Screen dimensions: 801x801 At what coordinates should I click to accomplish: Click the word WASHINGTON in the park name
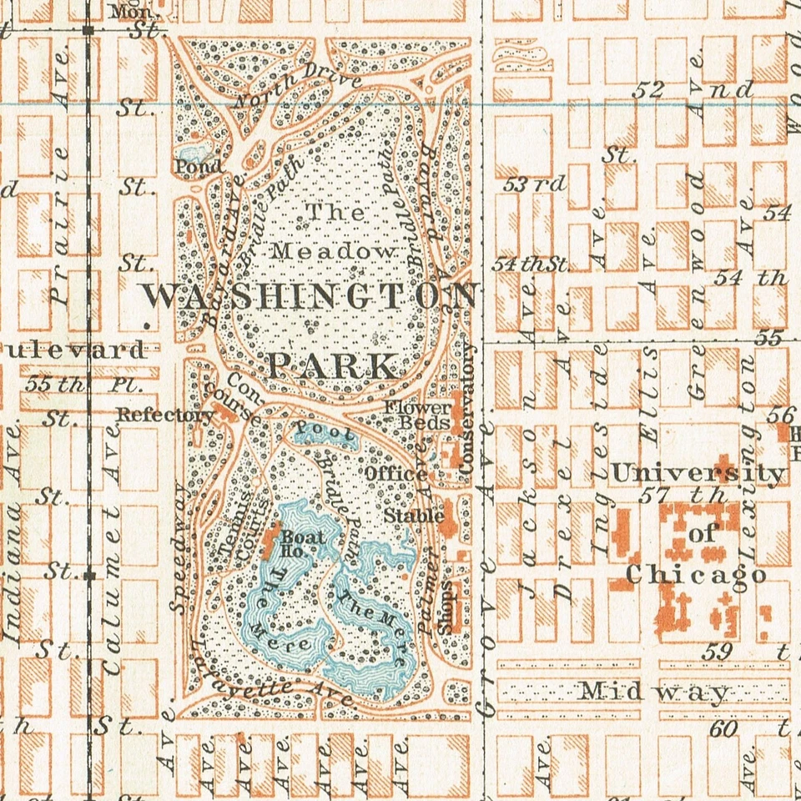tap(309, 296)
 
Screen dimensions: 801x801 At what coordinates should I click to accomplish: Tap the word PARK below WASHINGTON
tap(333, 365)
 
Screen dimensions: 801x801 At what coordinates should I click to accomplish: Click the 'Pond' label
tap(199, 166)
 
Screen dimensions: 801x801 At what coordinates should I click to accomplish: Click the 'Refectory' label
tap(165, 415)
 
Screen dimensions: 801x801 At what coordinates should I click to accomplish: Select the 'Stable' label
tap(414, 516)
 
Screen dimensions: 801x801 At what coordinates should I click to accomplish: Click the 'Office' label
tap(396, 474)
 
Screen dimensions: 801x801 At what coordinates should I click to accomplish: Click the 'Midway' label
tap(654, 692)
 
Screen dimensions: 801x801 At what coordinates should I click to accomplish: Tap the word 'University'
tap(698, 474)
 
